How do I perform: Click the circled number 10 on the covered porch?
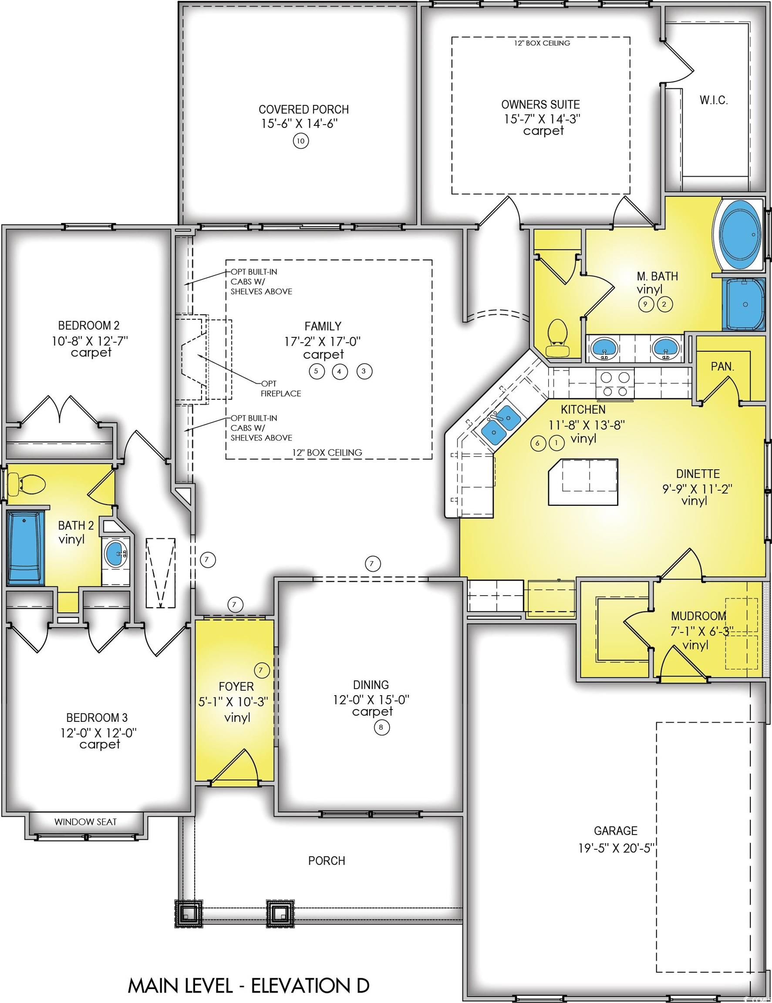click(x=300, y=141)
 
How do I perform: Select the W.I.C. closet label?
click(x=714, y=101)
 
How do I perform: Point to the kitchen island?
click(x=583, y=482)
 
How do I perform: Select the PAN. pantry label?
click(x=722, y=367)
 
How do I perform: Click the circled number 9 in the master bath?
click(x=646, y=303)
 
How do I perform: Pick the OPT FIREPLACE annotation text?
click(x=280, y=388)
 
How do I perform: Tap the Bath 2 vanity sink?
click(x=115, y=552)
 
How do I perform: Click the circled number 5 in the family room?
click(x=317, y=371)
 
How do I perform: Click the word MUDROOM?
click(x=698, y=616)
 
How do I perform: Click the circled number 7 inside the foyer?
click(x=261, y=670)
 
